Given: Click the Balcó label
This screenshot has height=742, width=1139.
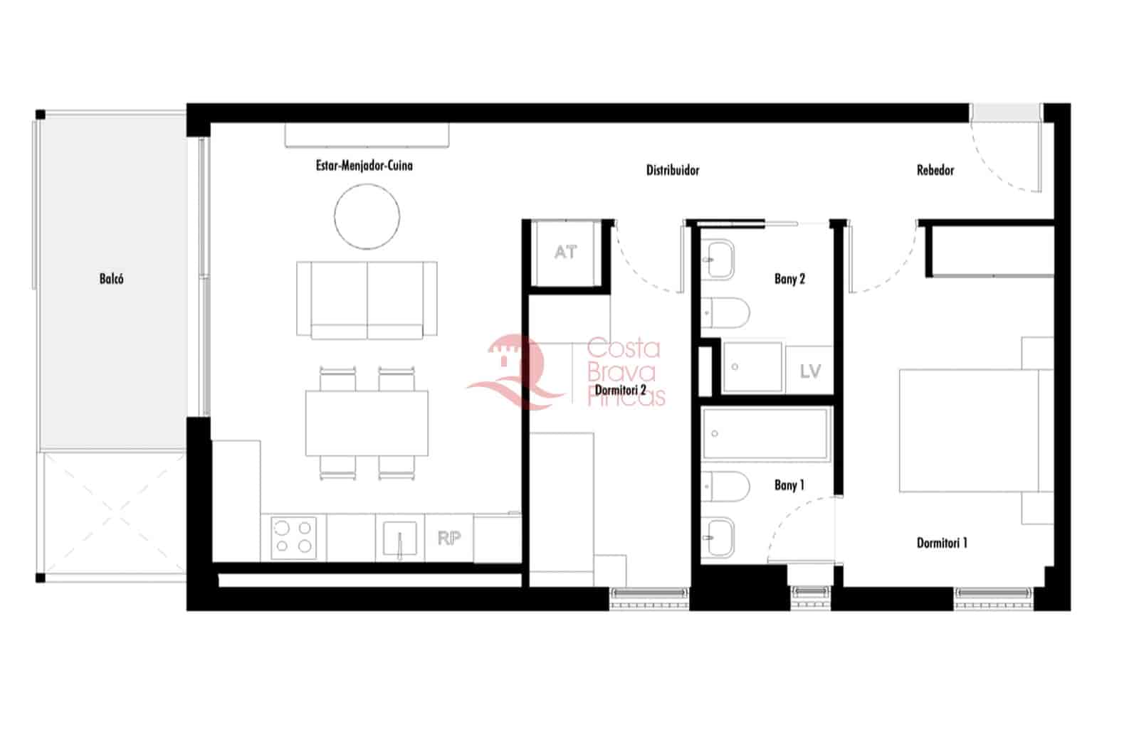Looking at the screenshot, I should click(111, 279).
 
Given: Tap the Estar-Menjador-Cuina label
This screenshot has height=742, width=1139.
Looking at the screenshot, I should click(364, 166).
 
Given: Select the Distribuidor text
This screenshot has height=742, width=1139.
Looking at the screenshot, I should click(672, 170).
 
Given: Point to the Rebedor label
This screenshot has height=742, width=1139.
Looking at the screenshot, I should click(935, 170).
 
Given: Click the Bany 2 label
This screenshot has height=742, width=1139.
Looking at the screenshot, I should click(789, 279).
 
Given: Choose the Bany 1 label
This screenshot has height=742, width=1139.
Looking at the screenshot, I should click(789, 485).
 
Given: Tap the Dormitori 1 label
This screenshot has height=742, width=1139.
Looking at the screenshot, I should click(941, 543).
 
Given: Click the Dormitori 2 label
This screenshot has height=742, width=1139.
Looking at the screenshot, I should click(620, 390).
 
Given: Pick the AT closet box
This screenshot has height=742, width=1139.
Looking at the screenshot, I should click(566, 253).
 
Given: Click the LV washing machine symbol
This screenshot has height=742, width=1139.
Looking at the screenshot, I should click(809, 371).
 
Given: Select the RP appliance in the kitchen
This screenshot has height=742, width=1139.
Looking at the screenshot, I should click(448, 539).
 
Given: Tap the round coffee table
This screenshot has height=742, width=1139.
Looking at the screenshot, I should click(367, 216).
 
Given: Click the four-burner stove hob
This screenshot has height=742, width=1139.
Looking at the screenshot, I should click(294, 537).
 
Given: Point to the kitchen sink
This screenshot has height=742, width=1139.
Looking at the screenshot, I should click(399, 539).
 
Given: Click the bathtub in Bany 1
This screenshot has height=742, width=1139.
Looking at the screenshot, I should click(765, 434).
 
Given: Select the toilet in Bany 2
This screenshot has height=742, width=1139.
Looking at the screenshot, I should click(726, 311).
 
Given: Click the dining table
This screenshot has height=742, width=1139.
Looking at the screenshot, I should click(367, 423).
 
